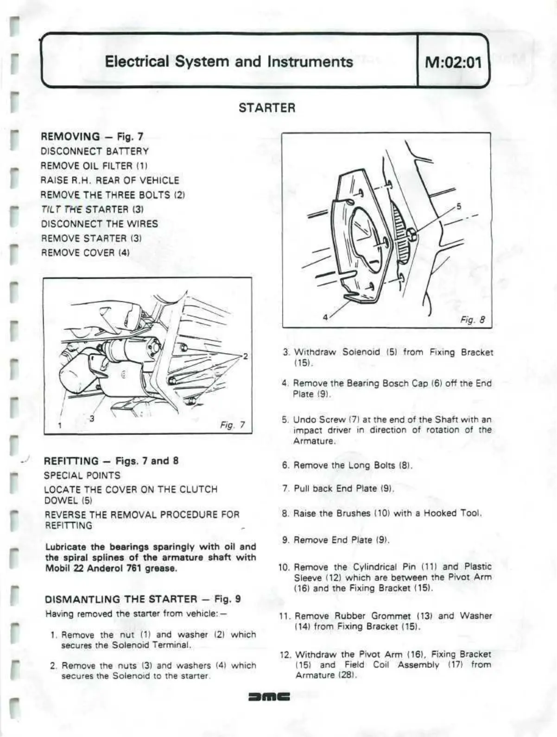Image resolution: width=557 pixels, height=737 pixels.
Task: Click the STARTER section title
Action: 267,108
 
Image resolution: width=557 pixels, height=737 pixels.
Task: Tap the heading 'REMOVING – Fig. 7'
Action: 92,137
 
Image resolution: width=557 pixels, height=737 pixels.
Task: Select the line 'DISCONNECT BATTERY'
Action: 95,152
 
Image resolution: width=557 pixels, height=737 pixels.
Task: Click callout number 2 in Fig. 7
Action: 246,356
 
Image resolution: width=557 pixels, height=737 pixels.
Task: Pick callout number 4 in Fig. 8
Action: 325,318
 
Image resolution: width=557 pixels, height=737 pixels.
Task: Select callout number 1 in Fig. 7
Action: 60,425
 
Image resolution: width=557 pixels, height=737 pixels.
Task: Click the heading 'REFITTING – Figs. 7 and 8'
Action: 111,461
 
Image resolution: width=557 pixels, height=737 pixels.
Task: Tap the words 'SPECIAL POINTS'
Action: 82,476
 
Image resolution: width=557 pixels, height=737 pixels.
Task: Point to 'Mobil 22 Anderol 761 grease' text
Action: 111,569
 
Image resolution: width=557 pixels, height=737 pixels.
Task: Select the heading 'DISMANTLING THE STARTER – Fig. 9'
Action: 143,599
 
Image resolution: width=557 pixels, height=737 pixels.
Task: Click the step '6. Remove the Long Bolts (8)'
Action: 347,465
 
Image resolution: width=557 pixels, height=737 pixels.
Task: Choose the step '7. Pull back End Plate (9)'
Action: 338,489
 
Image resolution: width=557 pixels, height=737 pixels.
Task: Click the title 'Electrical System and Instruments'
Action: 229,62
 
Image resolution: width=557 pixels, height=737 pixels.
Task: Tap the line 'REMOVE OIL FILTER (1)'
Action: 94,166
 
